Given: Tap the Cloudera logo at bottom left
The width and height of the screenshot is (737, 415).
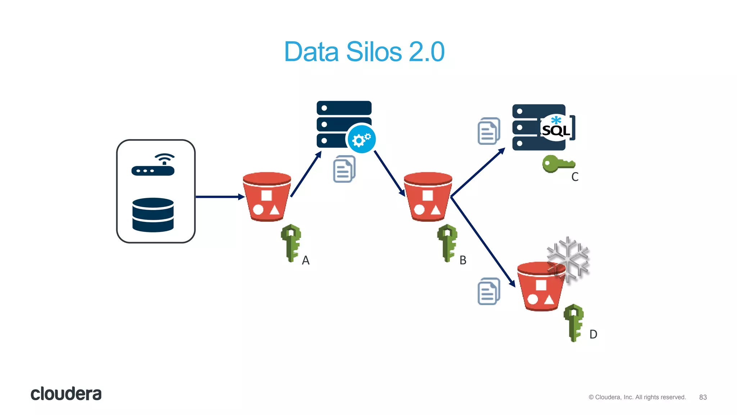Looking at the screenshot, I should click(66, 394).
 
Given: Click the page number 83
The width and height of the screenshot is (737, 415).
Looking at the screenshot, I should click(703, 397).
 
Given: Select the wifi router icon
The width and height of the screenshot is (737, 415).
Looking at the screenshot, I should click(153, 165).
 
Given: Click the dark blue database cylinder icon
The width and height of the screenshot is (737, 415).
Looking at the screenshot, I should click(153, 215).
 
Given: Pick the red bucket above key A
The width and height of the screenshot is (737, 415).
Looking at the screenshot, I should click(267, 197).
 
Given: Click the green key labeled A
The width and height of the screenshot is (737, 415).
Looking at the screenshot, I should click(291, 243).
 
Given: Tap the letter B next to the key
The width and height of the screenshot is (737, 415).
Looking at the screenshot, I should click(463, 260).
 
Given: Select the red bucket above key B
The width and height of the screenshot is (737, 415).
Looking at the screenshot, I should click(428, 197).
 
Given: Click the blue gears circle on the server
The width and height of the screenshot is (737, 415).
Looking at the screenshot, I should click(361, 139).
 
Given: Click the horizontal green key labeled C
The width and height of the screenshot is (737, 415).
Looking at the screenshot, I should click(558, 164).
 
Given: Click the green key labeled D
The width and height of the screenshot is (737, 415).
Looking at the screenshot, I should click(573, 322).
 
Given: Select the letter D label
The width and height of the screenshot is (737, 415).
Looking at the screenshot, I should click(593, 334).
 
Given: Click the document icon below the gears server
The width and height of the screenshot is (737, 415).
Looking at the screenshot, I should click(344, 169).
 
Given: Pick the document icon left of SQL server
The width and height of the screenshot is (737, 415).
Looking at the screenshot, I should click(489, 131).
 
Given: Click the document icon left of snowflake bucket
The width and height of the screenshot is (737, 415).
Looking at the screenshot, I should click(489, 291).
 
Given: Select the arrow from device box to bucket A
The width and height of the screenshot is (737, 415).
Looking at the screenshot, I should click(220, 197).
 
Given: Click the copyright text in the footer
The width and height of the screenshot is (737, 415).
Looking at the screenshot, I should click(637, 397).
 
